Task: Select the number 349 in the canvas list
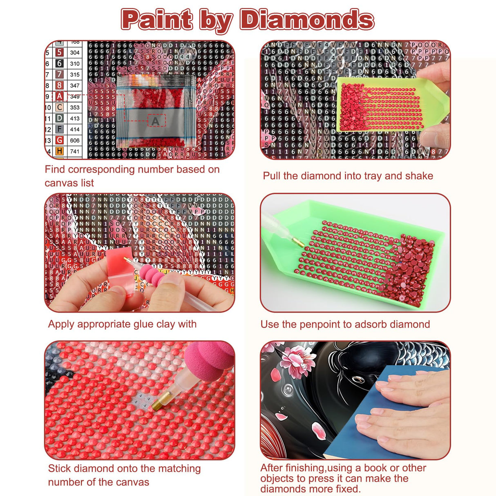coord(75,96)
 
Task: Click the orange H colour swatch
coord(60,151)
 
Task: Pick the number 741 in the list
coord(75,151)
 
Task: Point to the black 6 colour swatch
coord(60,63)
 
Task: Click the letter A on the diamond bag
coord(156,121)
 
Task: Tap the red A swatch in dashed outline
coord(60,96)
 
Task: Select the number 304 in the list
coord(75,52)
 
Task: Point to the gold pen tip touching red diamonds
coord(156,404)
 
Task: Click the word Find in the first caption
coord(55,169)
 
